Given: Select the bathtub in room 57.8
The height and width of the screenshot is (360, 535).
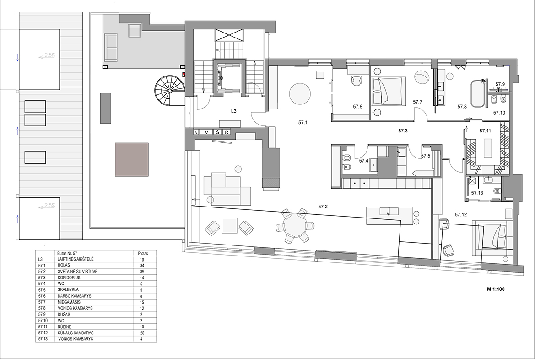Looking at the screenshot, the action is tap(478, 93).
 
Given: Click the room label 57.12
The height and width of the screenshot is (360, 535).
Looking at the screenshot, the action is tap(461, 214).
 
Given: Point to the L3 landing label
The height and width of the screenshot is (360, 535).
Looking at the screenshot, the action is tap(234, 111).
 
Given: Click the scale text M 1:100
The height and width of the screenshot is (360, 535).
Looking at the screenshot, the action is tap(496, 289).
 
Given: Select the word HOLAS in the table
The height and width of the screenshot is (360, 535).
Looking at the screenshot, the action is tap(64, 265).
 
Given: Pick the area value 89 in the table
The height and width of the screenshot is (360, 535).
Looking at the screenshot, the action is tap(142, 272).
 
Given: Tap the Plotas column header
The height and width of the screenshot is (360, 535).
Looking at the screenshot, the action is tap(143, 253).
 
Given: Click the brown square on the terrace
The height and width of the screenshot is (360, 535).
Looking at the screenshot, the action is tap(132, 159).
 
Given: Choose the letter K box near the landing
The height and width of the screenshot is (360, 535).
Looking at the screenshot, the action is tap(196, 132).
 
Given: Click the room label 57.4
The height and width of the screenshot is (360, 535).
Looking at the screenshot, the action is tap(364, 160).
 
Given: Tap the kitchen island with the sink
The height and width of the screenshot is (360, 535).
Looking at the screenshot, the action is tap(389, 216).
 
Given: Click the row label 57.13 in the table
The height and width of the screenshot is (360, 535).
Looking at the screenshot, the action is tap(42, 339).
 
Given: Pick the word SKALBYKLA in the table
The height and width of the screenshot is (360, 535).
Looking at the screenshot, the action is tap(68, 290).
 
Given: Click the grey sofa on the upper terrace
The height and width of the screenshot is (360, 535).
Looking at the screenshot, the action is tap(111, 47).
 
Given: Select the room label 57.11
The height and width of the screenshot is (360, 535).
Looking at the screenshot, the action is tap(485, 131).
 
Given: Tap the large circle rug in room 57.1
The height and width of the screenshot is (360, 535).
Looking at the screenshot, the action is tap(300, 94).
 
